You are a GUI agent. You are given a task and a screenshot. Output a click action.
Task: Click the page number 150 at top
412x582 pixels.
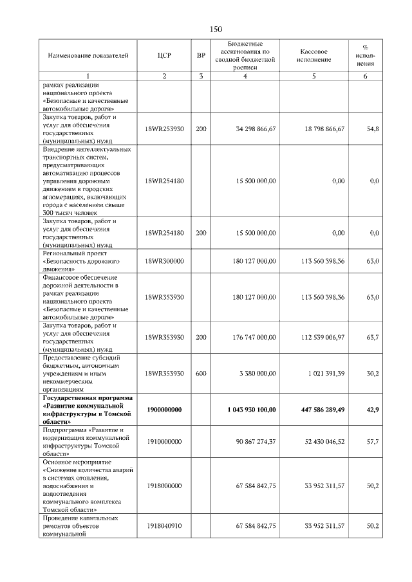tap(216, 29)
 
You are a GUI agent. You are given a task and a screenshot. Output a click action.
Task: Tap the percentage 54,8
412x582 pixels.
tap(372, 129)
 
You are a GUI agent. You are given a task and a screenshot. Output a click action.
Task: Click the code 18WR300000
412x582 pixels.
tap(164, 262)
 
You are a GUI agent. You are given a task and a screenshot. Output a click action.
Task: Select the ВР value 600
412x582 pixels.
tap(201, 373)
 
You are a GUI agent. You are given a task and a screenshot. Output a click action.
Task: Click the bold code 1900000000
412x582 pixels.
tap(164, 409)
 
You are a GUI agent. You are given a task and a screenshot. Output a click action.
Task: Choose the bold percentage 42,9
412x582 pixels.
tap(372, 409)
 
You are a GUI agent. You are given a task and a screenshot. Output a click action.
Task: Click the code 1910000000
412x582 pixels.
tap(164, 442)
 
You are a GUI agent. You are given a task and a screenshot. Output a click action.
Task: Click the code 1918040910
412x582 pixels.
tap(164, 526)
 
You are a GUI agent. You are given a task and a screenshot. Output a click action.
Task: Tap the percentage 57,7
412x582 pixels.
tap(372, 442)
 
